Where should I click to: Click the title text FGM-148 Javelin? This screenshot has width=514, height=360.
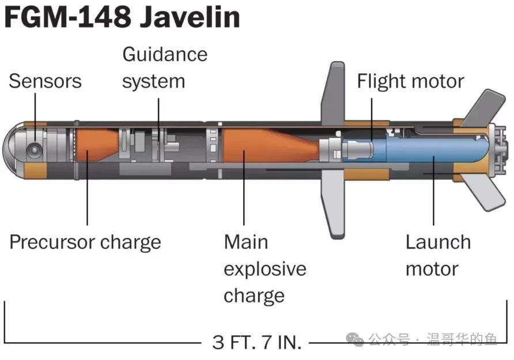click(x=122, y=18)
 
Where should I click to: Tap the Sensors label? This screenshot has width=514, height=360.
click(x=46, y=81)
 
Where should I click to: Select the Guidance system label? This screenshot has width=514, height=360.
click(x=165, y=68)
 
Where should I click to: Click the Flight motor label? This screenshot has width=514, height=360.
click(x=410, y=81)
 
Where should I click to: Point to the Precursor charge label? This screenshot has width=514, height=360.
click(x=85, y=242)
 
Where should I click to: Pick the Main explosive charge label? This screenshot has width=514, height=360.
click(x=265, y=269)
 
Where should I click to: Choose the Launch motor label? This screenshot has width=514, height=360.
click(x=439, y=256)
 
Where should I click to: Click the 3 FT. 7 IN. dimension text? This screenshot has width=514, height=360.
click(x=256, y=342)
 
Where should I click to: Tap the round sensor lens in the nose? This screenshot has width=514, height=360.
click(x=34, y=151)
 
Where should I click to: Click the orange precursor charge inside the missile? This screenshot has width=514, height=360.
click(x=96, y=145)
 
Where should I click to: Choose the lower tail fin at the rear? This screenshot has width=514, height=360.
click(x=482, y=192)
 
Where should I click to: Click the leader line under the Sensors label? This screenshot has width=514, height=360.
click(x=35, y=118)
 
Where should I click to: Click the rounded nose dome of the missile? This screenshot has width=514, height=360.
click(x=14, y=150)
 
